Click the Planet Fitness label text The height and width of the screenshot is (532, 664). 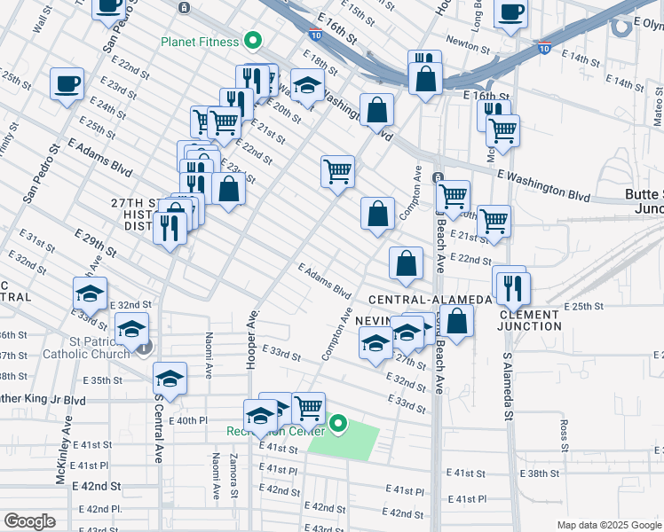point(200,41)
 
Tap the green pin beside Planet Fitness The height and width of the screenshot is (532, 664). point(253,40)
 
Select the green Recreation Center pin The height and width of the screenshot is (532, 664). point(338,426)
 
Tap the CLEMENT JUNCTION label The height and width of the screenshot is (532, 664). point(530,320)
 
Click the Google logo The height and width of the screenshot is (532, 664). point(29,521)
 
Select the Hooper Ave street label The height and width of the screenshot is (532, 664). point(254,330)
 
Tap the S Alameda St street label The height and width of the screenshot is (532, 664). point(507,387)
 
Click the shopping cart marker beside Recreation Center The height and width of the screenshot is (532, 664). point(308,408)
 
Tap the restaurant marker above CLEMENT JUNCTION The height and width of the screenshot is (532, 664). point(513,287)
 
